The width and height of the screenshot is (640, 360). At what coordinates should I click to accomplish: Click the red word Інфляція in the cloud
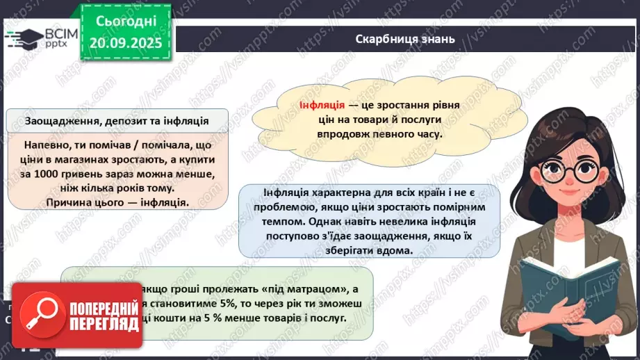click(322, 105)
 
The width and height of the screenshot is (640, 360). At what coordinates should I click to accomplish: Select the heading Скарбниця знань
click(404, 39)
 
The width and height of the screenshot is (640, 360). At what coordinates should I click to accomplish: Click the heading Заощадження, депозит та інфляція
click(117, 120)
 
